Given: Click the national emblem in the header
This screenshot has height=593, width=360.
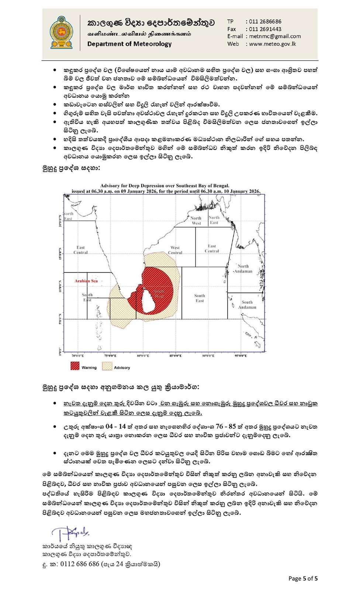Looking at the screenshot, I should pyautogui.click(x=61, y=32).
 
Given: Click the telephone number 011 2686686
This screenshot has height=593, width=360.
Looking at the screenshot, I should pyautogui.click(x=265, y=21).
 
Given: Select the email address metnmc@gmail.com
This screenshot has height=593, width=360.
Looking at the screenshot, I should pyautogui.click(x=275, y=36).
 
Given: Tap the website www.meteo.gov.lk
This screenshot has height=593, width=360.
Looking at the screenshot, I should pyautogui.click(x=272, y=44).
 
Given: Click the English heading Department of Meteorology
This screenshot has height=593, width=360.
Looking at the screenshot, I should pyautogui.click(x=129, y=44).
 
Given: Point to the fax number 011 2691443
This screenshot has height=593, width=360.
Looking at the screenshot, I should pyautogui.click(x=265, y=29).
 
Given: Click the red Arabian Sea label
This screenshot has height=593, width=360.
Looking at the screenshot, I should pyautogui.click(x=86, y=281).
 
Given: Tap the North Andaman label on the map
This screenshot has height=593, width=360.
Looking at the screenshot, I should pyautogui.click(x=243, y=268).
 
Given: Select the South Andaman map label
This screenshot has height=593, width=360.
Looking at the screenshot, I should pyautogui.click(x=247, y=305).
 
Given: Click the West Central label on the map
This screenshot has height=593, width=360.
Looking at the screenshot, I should pyautogui.click(x=175, y=250).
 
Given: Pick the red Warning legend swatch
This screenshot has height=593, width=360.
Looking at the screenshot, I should pyautogui.click(x=75, y=366).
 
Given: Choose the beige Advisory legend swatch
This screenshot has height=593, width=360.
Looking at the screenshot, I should pyautogui.click(x=107, y=366).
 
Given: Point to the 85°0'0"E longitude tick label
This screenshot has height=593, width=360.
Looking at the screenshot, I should pyautogui.click(x=176, y=356).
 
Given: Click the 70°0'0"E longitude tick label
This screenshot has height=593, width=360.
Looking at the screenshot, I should pyautogui.click(x=77, y=356).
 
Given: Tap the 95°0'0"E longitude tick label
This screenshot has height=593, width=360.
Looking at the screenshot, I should pyautogui.click(x=240, y=356).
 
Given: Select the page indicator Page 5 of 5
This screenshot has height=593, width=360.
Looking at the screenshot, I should pyautogui.click(x=303, y=578).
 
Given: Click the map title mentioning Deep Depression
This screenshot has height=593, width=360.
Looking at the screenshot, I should pyautogui.click(x=165, y=186).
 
